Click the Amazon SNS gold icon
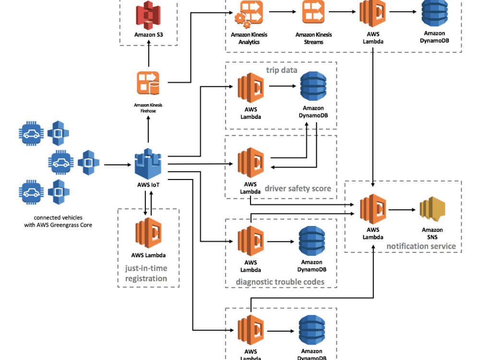tap(432, 209)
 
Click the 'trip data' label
tap(282, 70)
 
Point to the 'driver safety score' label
tap(298, 189)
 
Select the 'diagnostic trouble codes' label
tap(280, 282)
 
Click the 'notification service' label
tap(420, 246)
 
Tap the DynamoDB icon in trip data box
tap(312, 86)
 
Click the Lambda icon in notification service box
tap(373, 209)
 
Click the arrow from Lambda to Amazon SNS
tap(402, 209)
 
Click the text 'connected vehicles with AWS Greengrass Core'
tap(58, 221)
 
